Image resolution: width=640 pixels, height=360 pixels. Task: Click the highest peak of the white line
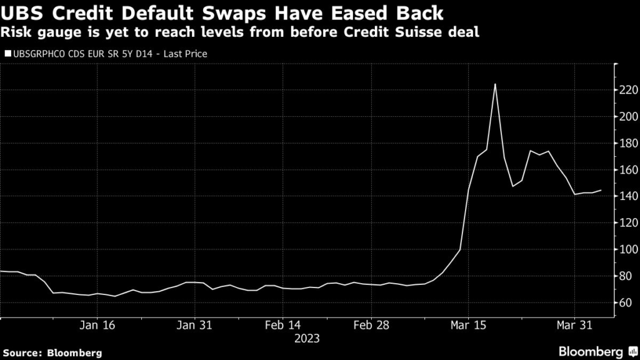tap(495, 84)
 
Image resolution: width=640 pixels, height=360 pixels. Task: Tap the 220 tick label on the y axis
tap(629, 91)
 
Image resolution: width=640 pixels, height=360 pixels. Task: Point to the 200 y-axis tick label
tap(629, 117)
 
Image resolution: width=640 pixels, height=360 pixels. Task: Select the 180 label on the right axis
tap(629, 144)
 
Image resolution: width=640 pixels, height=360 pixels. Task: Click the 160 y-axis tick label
tap(629, 170)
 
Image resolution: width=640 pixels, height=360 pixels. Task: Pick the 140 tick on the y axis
tap(629, 196)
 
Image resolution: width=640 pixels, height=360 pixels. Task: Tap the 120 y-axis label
tap(629, 223)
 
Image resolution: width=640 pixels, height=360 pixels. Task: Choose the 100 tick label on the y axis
tap(629, 249)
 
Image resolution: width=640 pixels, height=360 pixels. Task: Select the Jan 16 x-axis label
tap(99, 325)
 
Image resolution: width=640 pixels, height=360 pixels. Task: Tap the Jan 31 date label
tap(195, 325)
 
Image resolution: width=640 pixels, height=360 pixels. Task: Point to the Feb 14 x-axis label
tap(283, 325)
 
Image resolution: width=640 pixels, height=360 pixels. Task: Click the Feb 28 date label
tap(371, 325)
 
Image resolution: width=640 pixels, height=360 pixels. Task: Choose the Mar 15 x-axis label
tap(469, 325)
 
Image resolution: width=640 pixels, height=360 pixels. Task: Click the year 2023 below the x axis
tap(306, 339)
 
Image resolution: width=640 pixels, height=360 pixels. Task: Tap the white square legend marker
tap(7, 54)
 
